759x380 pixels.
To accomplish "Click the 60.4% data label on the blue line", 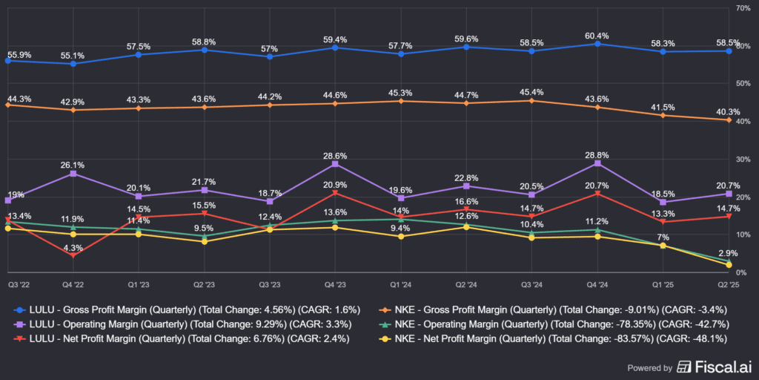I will (597, 36).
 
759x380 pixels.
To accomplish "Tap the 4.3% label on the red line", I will (73, 247).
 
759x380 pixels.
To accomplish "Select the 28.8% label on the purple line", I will (597, 156).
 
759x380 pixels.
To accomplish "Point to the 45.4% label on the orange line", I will (531, 93).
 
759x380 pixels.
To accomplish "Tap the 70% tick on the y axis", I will (742, 8).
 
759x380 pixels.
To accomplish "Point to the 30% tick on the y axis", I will (742, 160).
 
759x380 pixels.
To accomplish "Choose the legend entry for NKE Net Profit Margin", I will (552, 339).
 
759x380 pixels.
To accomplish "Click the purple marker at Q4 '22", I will (73, 174).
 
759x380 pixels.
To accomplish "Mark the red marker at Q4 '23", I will (335, 193).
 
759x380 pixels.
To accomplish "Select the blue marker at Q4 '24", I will (597, 44).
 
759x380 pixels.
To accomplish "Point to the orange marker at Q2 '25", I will (729, 120).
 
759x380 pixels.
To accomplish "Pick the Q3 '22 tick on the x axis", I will (19, 284).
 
